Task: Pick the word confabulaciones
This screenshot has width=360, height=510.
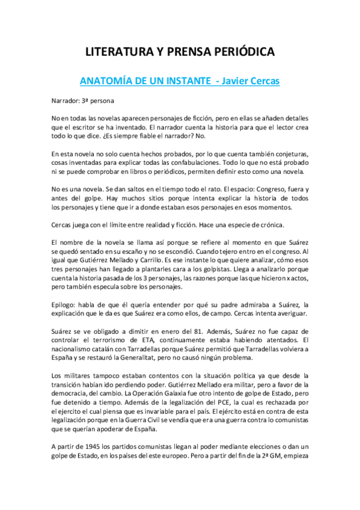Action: point(170,162)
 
